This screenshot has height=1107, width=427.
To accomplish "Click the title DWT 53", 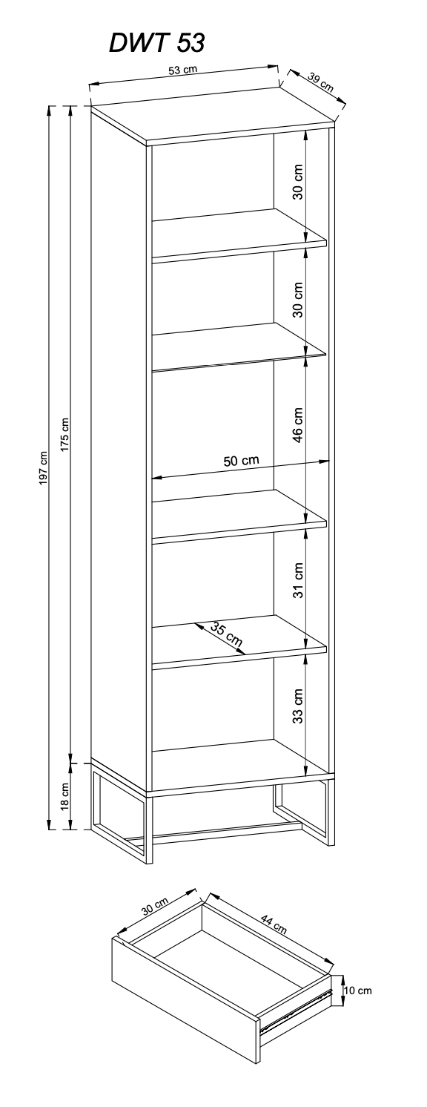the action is (156, 44).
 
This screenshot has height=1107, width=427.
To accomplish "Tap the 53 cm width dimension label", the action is (182, 70).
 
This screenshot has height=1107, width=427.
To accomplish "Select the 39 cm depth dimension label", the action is (321, 82).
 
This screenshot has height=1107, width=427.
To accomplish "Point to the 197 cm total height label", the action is (43, 467).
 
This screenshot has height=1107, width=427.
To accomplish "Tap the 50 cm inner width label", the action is (242, 461).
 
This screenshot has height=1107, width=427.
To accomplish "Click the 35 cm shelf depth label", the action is (227, 636).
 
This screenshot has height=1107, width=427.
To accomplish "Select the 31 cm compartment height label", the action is (297, 580).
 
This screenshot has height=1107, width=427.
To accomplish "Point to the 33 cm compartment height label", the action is (297, 706).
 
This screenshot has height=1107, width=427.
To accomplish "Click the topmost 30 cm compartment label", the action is (297, 182).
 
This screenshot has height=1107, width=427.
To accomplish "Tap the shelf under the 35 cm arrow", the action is (239, 643).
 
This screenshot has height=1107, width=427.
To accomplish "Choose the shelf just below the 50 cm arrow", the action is (239, 517).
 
